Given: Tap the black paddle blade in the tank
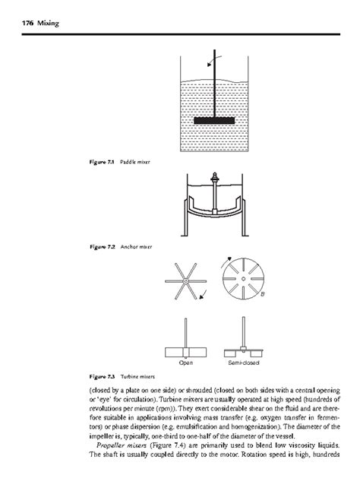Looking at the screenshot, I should point(217,120).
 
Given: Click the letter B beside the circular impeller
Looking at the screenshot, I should point(263,294).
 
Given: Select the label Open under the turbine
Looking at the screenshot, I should point(186,362).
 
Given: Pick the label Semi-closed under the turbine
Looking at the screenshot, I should point(242,362).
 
